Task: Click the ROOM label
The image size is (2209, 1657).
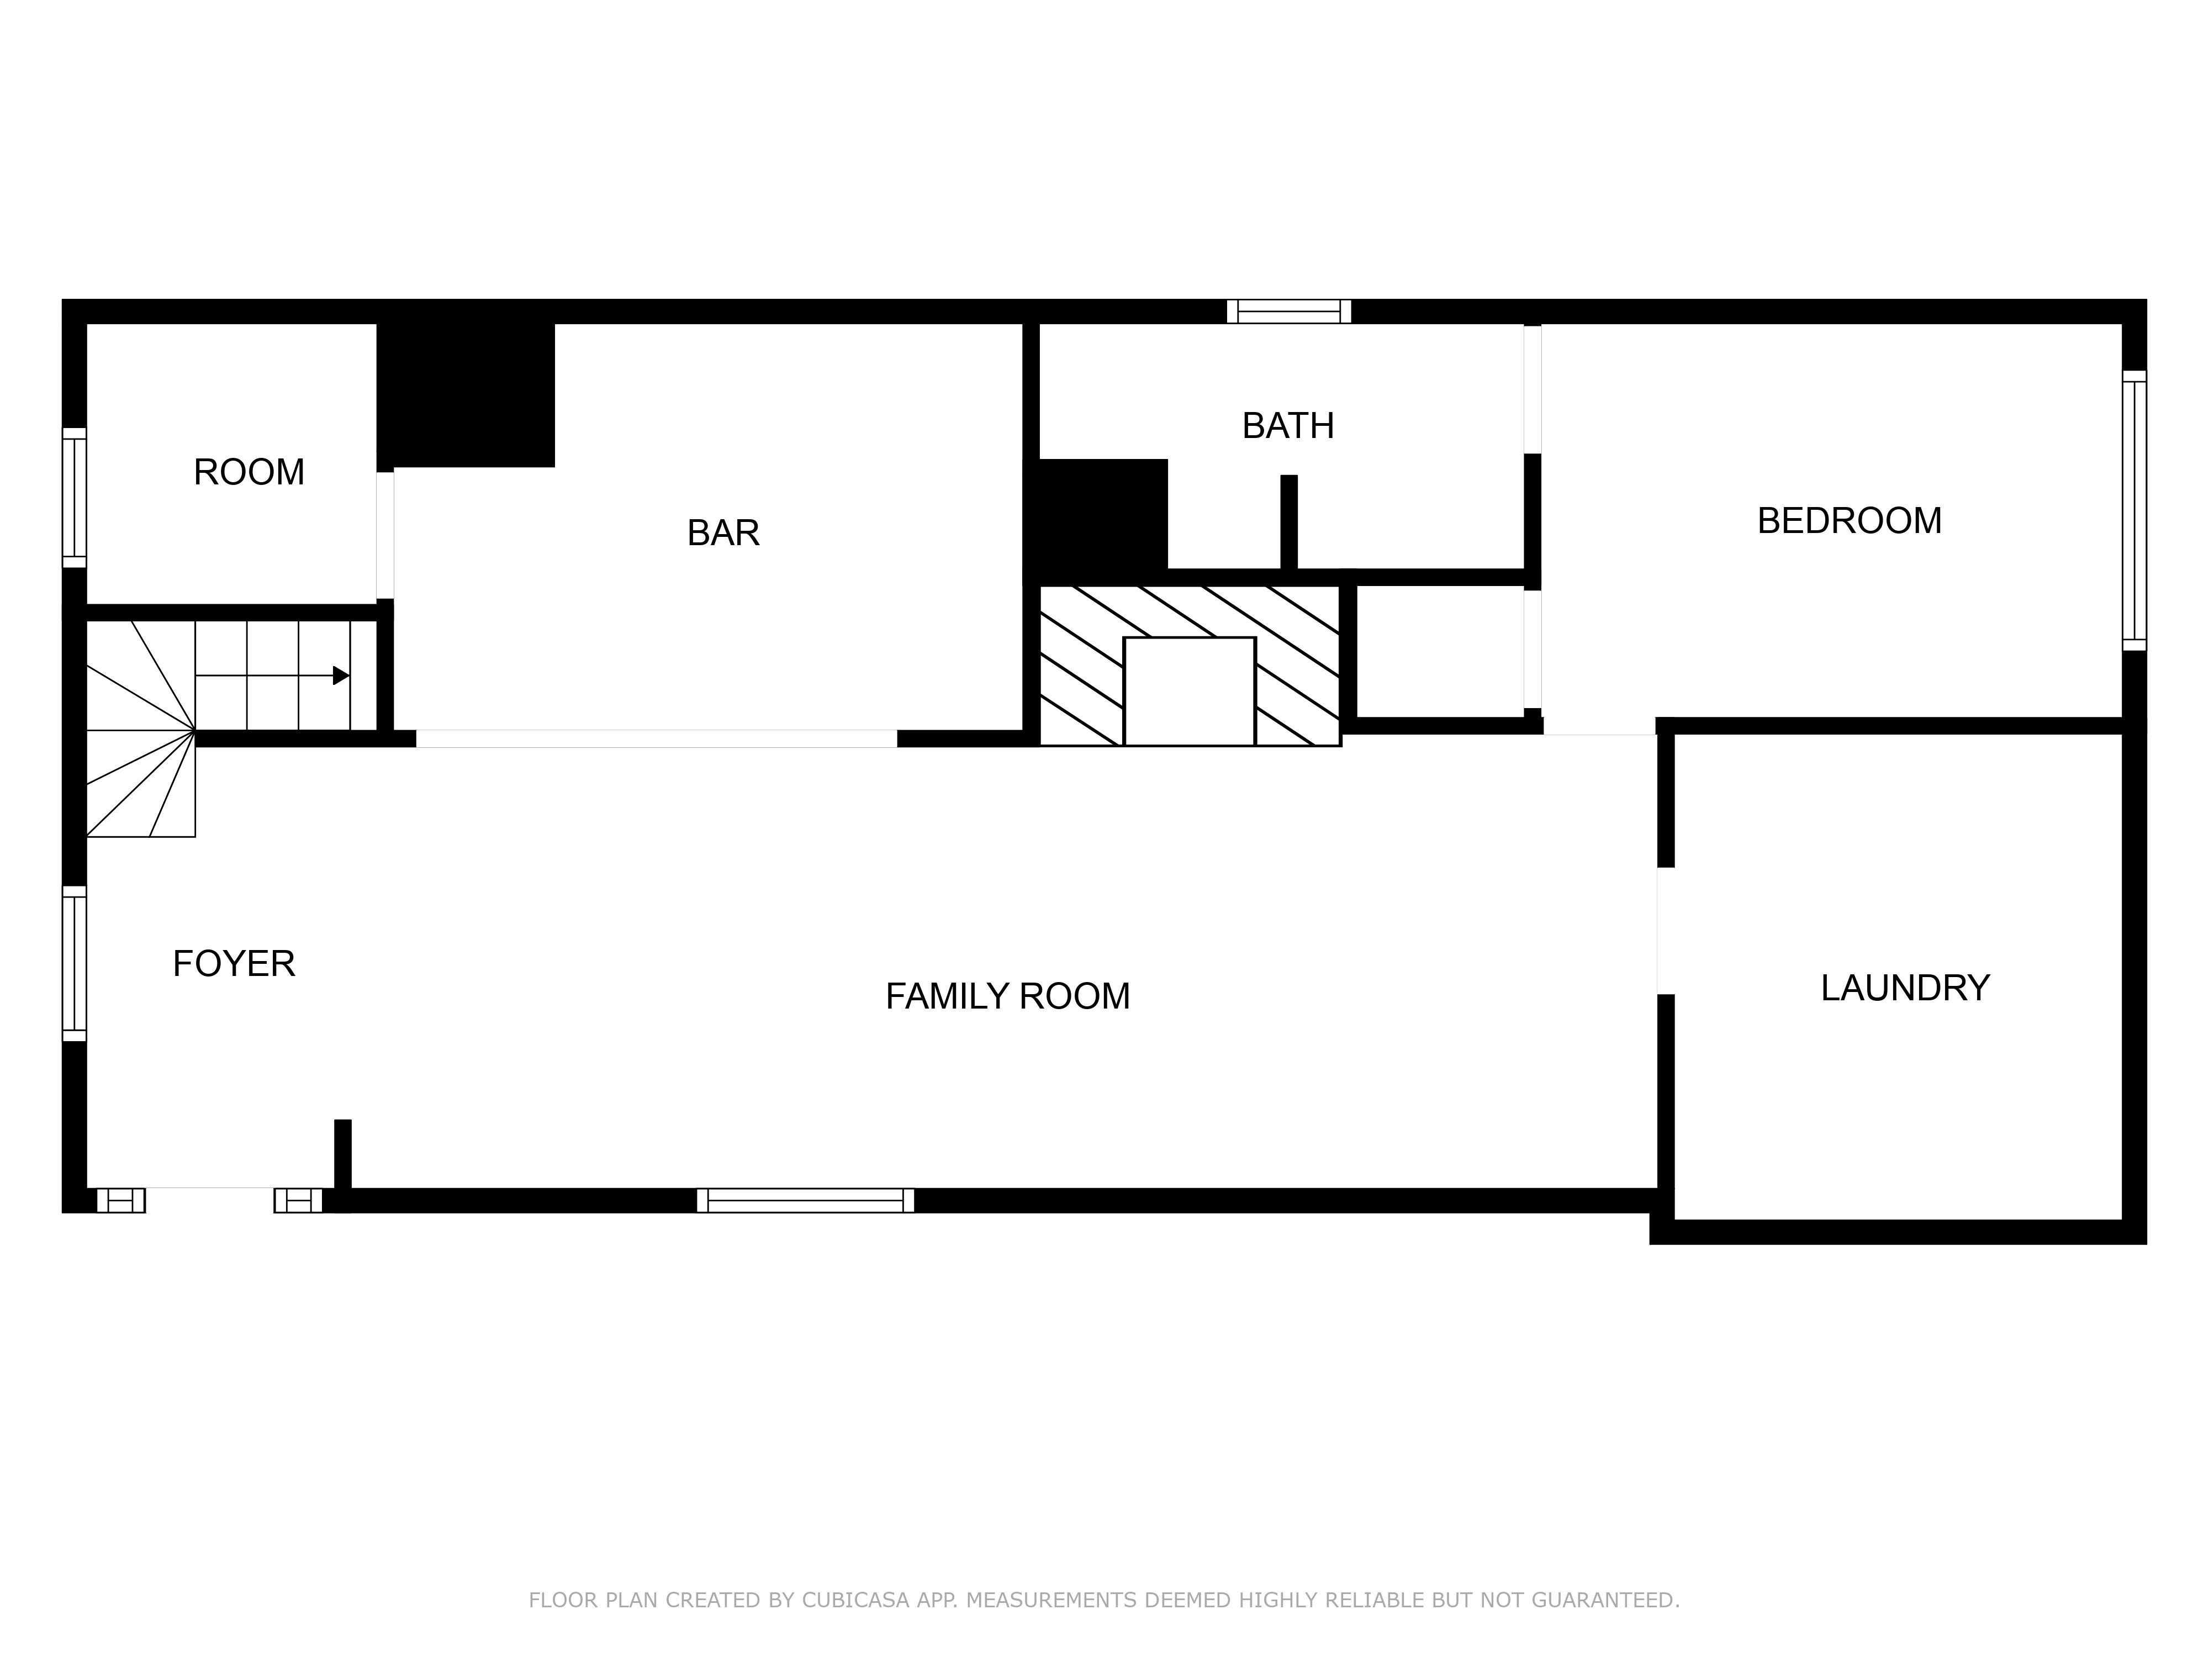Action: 249,472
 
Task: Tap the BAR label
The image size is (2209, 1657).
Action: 723,534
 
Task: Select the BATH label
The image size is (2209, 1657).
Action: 1287,426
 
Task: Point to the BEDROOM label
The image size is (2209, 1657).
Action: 1848,521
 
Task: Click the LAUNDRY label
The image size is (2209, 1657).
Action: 1904,988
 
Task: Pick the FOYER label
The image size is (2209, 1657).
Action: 234,964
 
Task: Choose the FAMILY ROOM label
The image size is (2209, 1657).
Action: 1007,997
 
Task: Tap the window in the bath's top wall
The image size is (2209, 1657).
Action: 1288,312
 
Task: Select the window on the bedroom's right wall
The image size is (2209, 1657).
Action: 2133,510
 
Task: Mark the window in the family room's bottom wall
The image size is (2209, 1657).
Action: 805,1201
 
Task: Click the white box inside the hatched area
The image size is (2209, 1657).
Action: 1188,691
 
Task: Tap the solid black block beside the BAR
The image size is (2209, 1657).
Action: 466,394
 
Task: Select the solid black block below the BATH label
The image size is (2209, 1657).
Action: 1102,514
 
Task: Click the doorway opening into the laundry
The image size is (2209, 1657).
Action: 1664,931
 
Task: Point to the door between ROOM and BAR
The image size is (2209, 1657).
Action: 384,535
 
